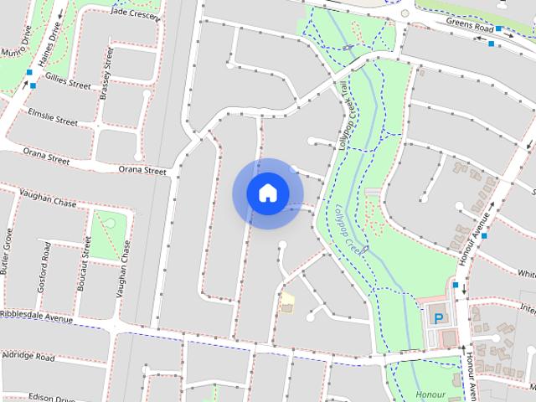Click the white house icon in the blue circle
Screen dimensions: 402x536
click(267, 193)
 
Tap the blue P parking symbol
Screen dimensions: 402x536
click(439, 318)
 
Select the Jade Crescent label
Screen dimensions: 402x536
click(134, 13)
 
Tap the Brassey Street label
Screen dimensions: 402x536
click(106, 74)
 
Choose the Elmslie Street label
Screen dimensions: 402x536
click(52, 116)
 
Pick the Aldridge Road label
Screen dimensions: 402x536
click(28, 357)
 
